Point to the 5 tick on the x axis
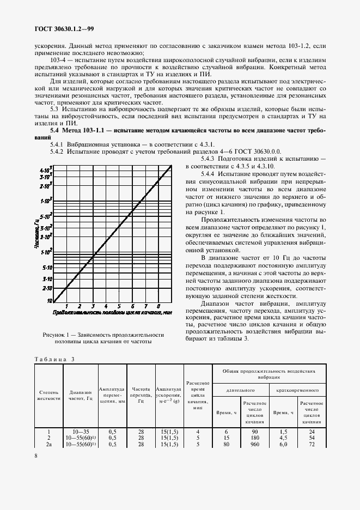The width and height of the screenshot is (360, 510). tap(119, 306)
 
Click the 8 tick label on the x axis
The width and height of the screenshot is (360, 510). tap(158, 306)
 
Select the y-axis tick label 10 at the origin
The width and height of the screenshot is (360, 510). tap(49, 300)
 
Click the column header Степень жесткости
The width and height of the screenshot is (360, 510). tap(49, 396)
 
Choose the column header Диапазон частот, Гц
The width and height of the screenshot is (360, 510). tap(81, 396)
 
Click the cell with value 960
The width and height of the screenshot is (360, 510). tap(254, 444)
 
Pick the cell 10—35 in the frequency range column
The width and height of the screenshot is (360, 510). tap(81, 431)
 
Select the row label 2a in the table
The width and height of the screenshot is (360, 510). tap(49, 444)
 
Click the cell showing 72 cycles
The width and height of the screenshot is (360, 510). tap(312, 444)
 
